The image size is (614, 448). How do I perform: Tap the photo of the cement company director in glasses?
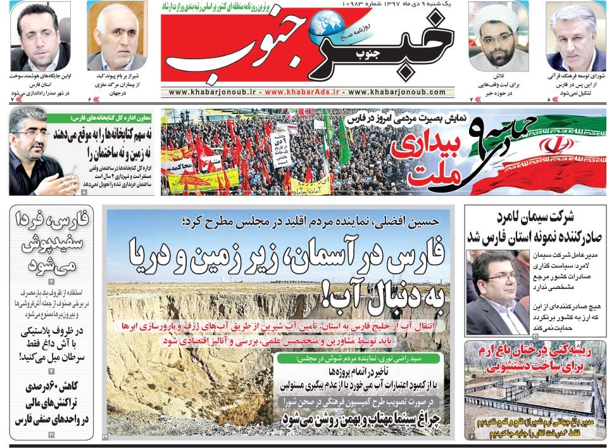point(498,291)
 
